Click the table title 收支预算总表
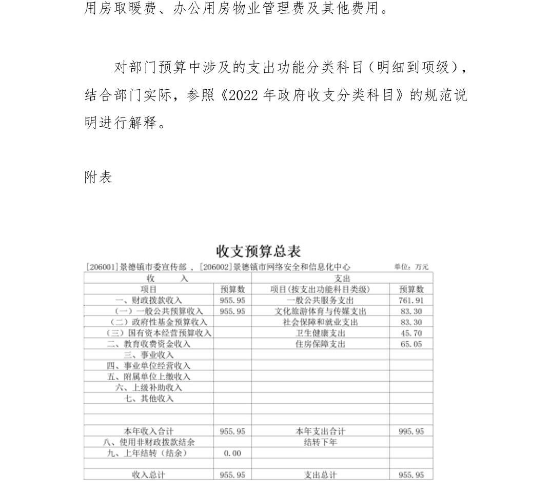click(258, 251)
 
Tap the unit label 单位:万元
click(411, 267)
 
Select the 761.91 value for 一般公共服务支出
click(411, 301)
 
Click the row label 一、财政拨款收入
click(148, 301)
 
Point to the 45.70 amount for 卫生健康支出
click(411, 333)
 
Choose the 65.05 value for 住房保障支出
click(411, 344)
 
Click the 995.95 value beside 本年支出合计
click(411, 431)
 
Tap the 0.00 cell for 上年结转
click(232, 453)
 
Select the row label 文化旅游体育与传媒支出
click(320, 311)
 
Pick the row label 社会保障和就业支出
click(320, 322)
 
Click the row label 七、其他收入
click(148, 398)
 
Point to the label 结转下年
click(320, 442)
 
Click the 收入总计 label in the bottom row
click(148, 475)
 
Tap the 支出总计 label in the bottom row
click(320, 475)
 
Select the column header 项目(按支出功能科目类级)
click(320, 289)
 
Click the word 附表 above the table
click(98, 178)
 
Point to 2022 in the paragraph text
click(240, 96)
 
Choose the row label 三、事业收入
click(148, 354)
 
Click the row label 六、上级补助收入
click(148, 387)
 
